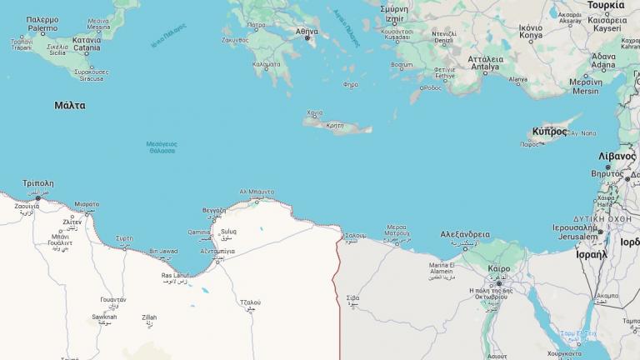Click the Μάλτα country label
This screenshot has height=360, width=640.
70,106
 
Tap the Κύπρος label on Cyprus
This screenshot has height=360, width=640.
548,132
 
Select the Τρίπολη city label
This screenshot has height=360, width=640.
38,183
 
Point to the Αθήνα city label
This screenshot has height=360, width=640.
307,32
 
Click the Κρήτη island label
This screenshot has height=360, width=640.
335,126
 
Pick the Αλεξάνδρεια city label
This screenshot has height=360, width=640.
465,234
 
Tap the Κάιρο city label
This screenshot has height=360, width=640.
499,269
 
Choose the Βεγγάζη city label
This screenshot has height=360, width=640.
213,211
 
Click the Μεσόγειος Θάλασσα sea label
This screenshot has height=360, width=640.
162,147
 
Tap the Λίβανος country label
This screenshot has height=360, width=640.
617,156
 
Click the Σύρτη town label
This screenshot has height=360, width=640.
124,237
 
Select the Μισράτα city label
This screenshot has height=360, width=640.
86,204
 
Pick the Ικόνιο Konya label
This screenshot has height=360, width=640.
531,32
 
